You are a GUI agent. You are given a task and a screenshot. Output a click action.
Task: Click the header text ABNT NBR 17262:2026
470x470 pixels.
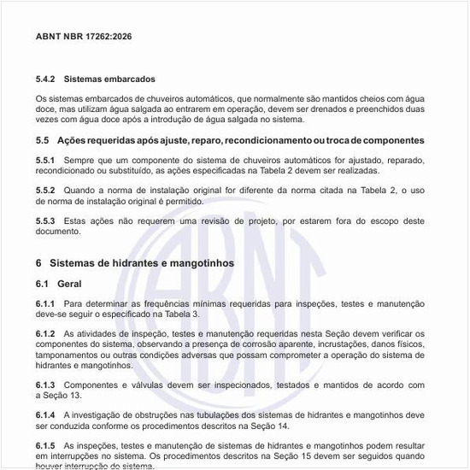click(x=84, y=37)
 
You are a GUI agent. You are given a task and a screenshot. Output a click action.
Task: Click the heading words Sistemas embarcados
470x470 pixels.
click(x=109, y=79)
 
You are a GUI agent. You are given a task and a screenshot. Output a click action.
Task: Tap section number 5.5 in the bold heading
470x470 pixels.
click(x=43, y=140)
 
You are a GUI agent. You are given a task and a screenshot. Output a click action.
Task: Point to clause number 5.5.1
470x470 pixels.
click(x=45, y=161)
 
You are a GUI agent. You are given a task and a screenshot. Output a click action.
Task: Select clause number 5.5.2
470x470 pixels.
click(x=45, y=191)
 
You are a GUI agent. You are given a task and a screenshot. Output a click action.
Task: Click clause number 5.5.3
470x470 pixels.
click(x=45, y=221)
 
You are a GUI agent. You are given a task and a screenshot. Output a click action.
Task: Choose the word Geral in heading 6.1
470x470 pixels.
click(x=70, y=284)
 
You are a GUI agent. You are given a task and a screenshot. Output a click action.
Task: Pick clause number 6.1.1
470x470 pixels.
click(x=45, y=303)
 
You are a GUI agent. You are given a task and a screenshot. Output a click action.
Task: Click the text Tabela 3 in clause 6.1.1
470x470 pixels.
click(x=156, y=314)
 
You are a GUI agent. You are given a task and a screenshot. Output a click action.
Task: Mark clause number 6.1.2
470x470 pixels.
click(x=45, y=333)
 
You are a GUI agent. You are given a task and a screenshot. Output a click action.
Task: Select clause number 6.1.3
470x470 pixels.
click(x=45, y=385)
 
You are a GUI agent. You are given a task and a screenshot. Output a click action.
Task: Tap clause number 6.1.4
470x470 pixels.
click(x=45, y=414)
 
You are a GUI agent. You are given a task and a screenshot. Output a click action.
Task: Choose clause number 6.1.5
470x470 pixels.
click(x=45, y=445)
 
